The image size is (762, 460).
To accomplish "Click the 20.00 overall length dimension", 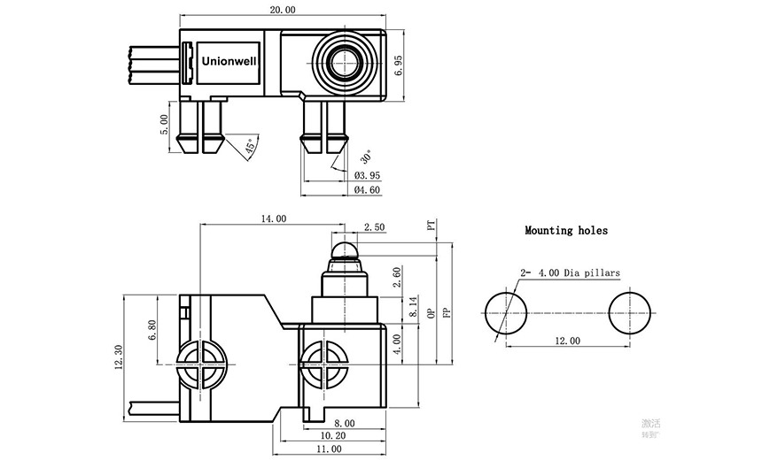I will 284,10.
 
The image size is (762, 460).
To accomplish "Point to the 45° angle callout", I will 252,147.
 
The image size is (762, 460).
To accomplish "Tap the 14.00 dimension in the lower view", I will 273,218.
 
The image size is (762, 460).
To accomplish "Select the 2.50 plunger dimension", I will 374,227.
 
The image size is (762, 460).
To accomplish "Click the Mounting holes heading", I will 566,230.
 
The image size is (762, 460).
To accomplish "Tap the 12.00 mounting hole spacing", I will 567,340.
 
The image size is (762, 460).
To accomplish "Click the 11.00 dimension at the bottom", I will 329,448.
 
